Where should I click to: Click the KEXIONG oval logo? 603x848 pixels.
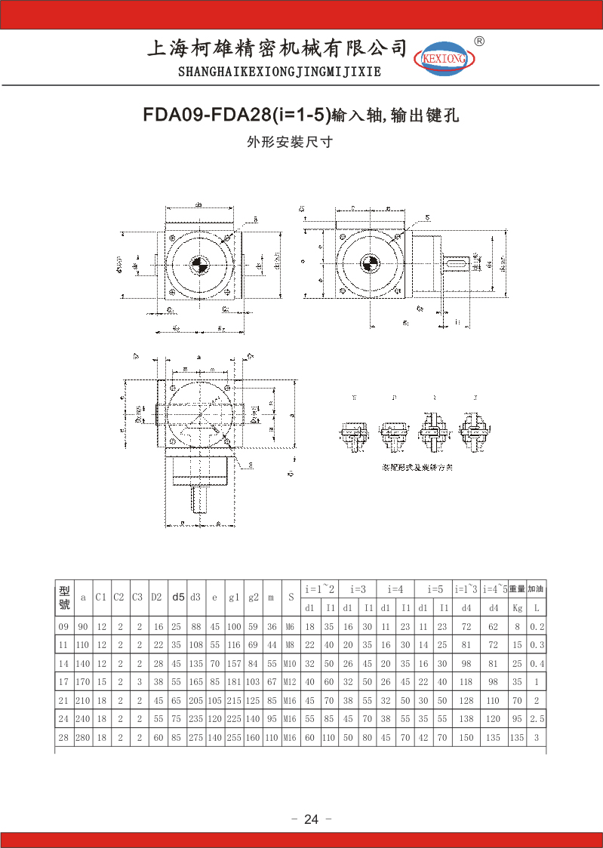point(443,57)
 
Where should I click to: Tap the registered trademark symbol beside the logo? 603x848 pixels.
point(478,41)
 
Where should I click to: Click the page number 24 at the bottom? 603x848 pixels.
point(312,819)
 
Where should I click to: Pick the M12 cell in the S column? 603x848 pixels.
point(290,683)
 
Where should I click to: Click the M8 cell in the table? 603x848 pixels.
point(290,645)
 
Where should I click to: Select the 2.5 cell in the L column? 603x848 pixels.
point(537,719)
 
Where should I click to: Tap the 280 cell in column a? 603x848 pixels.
point(82,738)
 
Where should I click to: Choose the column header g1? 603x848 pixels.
point(234,597)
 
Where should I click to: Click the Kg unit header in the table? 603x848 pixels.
point(517,607)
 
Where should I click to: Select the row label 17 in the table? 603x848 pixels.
point(63,683)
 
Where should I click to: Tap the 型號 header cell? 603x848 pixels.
point(64,597)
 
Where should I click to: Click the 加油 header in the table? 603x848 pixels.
point(536,588)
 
